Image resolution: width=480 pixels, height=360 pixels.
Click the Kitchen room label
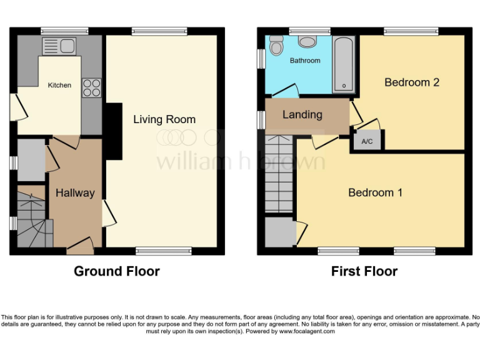[x=60, y=85]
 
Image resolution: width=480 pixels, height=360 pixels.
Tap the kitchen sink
[x=59, y=45]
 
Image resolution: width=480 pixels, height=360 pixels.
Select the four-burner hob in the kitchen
[x=92, y=87]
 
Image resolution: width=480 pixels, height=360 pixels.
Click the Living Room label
[x=164, y=119]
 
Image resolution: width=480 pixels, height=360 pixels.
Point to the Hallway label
[x=75, y=193]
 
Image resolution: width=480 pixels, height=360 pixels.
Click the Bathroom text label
[x=305, y=61]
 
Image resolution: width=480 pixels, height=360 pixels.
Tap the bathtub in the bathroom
[x=344, y=64]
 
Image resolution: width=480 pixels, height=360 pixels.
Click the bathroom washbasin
[x=307, y=42]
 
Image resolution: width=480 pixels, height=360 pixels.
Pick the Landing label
[x=302, y=114]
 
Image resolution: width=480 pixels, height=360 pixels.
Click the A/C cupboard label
[x=367, y=142]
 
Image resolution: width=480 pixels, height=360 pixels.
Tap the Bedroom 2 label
[x=412, y=82]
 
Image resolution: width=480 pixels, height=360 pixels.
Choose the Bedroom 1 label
[x=375, y=192]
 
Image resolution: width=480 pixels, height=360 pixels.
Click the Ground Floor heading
[x=117, y=271]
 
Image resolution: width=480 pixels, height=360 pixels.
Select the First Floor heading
[x=364, y=271]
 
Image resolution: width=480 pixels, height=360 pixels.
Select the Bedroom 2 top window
[x=411, y=31]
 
